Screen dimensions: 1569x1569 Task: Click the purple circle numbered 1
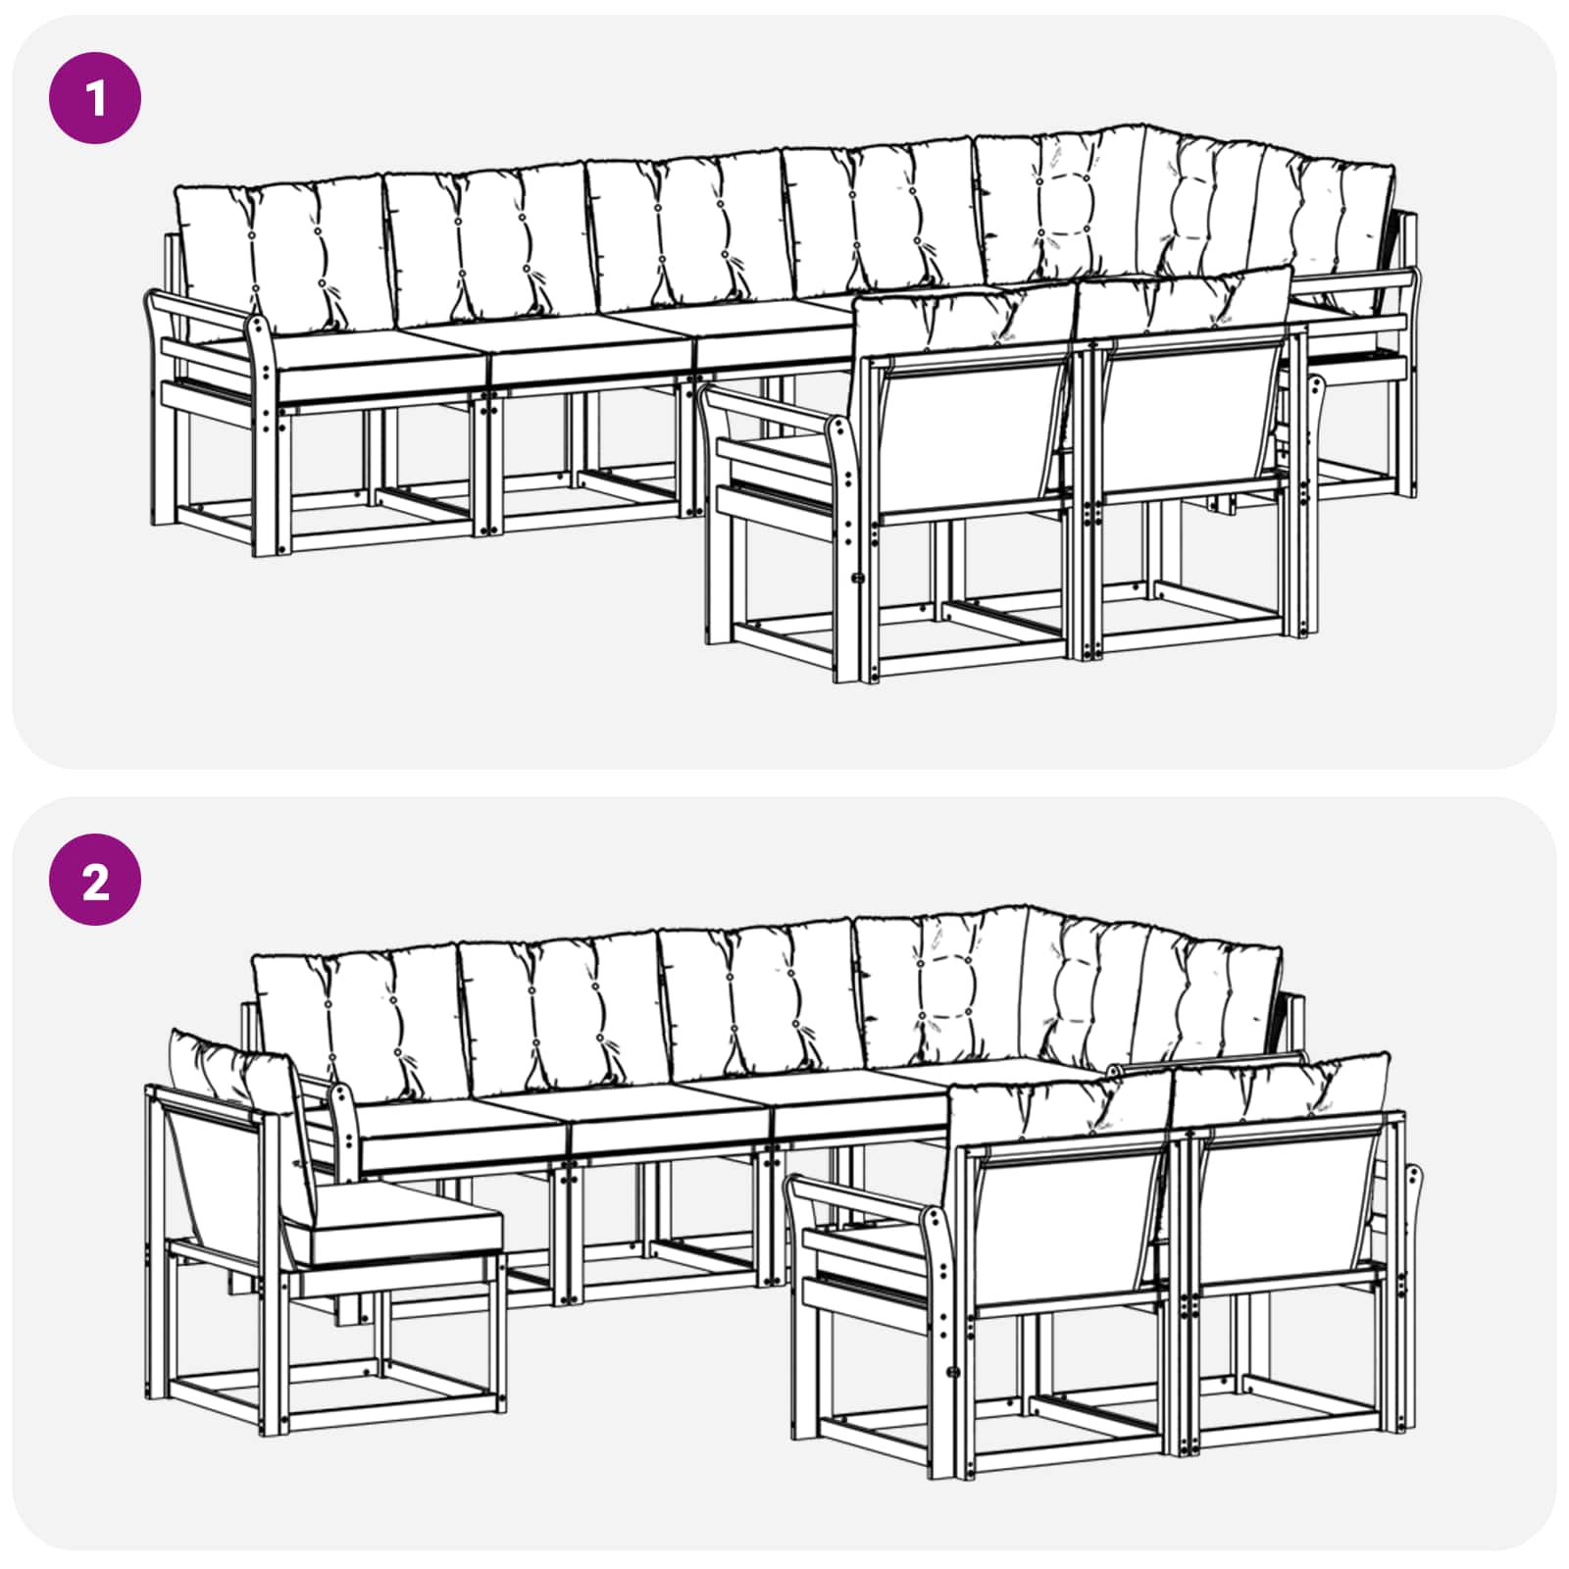coord(95,98)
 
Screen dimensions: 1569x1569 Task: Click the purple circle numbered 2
coord(95,880)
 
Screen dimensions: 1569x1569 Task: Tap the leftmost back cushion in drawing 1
coord(279,255)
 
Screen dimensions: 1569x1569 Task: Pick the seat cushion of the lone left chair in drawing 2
coord(392,1221)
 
